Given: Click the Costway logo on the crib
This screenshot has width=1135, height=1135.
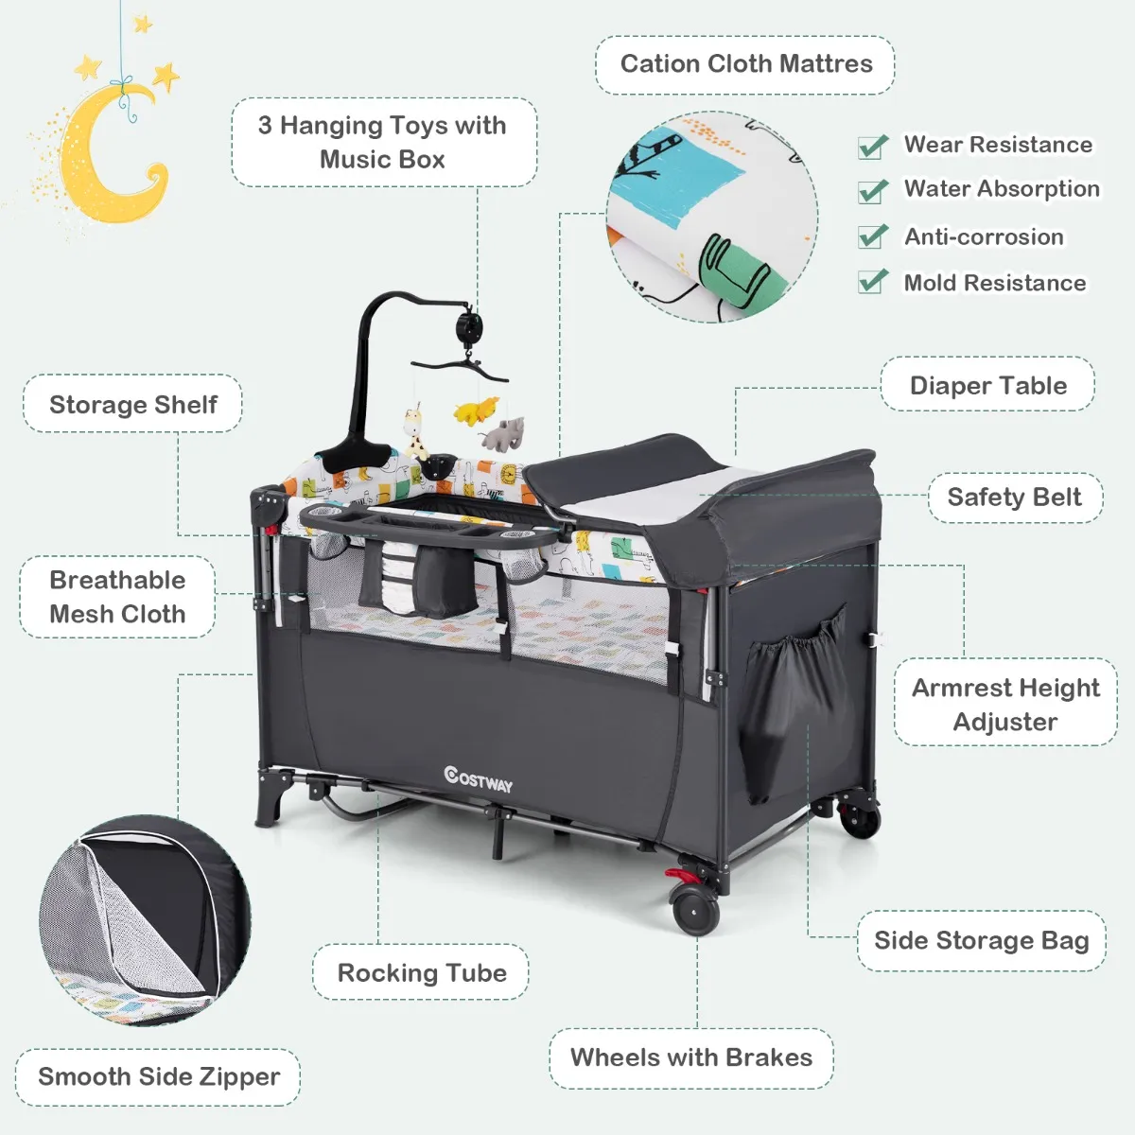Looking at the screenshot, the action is pos(478,779).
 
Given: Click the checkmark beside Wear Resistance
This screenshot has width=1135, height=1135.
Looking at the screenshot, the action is pos(872,147).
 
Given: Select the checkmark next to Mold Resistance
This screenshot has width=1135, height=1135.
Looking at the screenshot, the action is pos(872,281).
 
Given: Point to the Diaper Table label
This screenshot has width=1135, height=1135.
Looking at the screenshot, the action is pos(987,385).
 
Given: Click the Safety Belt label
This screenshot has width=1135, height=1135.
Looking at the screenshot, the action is pos(1014,497).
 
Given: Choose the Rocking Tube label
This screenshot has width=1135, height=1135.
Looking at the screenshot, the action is pos(421,972).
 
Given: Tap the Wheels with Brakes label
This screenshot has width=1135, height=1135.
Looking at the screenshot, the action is pos(690,1057).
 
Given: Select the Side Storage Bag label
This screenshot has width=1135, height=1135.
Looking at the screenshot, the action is pos(981,940).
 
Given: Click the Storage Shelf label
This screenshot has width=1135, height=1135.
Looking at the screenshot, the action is pos(132,404).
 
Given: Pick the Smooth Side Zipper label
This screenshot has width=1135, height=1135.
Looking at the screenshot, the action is pos(158,1076).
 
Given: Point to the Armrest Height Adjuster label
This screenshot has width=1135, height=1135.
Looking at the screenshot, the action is pos(1005,704).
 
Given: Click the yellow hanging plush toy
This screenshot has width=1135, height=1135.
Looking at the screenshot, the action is pos(476,410).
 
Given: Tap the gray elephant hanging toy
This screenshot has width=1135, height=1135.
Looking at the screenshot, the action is pos(502,433).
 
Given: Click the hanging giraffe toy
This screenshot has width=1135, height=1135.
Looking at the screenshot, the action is pos(416,433).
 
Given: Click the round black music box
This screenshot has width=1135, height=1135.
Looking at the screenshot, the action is pos(469,325).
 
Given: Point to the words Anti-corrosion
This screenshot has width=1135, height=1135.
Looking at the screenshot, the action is pos(984,236).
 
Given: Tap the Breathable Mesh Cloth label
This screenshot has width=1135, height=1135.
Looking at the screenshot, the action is pos(117,597).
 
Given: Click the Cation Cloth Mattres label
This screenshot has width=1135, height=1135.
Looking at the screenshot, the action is pos(745,63).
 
